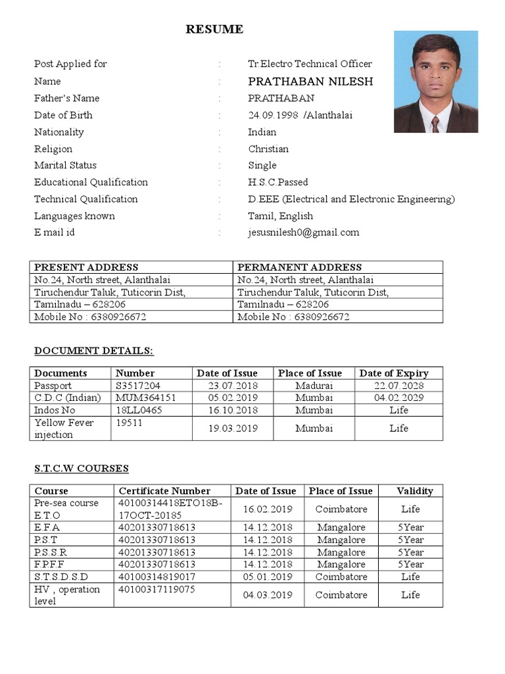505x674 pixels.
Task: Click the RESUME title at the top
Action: [214, 29]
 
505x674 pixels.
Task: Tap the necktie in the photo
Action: [435, 124]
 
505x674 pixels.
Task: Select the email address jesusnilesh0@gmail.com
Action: [304, 232]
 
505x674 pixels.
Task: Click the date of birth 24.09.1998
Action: [273, 115]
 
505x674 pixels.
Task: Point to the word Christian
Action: [268, 149]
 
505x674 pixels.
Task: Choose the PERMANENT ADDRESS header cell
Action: [299, 267]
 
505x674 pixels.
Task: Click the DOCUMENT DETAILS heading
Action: [93, 350]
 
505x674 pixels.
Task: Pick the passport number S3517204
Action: [138, 386]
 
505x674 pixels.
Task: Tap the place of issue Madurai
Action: [314, 386]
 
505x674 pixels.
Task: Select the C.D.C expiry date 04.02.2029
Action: [398, 398]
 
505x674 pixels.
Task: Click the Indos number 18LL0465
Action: [139, 410]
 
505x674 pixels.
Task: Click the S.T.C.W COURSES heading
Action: [82, 469]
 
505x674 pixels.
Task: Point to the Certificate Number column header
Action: [164, 491]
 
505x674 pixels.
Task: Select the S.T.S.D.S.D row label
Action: [61, 577]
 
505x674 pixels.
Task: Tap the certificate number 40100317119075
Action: [156, 589]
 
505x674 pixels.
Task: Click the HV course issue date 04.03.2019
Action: [267, 595]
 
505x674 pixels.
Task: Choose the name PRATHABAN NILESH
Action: [310, 82]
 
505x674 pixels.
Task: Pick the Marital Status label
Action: [65, 165]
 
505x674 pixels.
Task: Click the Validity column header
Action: [415, 491]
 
